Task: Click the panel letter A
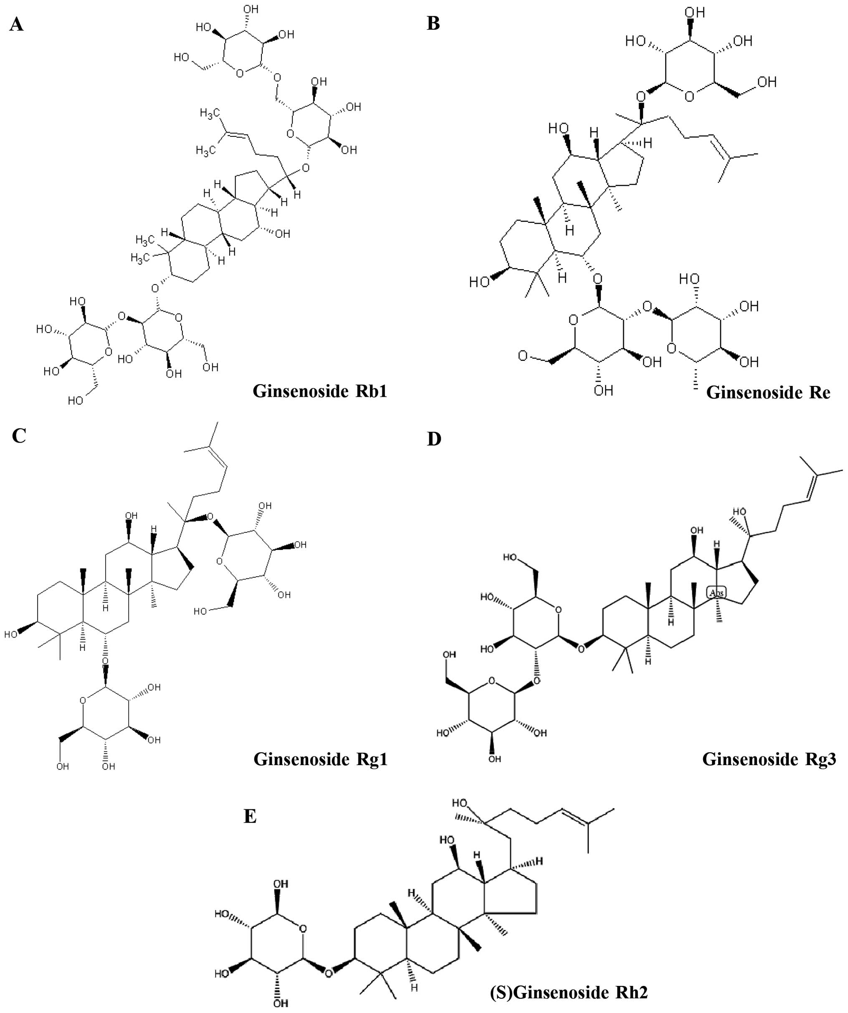(16, 24)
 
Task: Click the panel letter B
(433, 23)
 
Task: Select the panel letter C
(19, 436)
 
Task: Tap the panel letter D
(434, 439)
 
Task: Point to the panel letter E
(250, 816)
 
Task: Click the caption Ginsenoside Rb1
(319, 391)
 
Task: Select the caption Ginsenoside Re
(768, 392)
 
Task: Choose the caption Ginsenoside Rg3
(769, 759)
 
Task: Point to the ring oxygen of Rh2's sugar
(303, 927)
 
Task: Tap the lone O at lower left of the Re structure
(523, 356)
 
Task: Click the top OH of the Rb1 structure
(251, 9)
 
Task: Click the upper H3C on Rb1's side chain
(210, 114)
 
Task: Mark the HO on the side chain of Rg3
(739, 512)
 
